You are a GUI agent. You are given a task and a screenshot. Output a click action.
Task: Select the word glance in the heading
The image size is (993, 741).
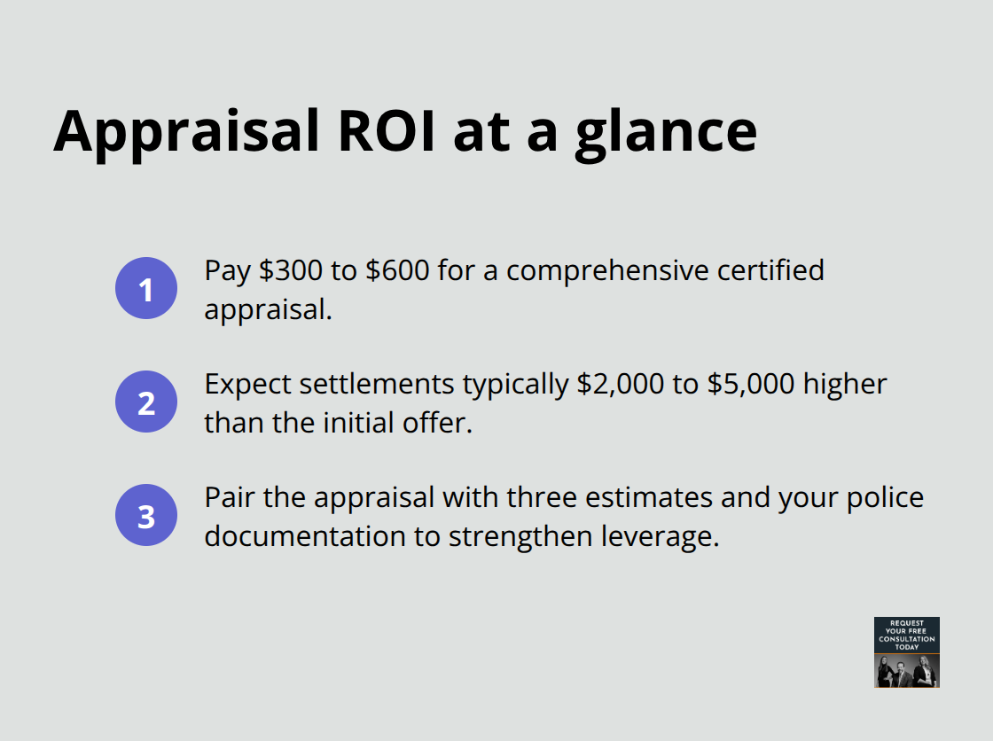coord(666,132)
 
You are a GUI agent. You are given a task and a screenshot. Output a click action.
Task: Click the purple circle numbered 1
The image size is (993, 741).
coord(146,288)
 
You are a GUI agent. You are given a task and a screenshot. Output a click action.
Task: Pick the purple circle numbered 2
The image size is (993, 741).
coord(146,402)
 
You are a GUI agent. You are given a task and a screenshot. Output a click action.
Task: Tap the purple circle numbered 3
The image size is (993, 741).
coord(146,515)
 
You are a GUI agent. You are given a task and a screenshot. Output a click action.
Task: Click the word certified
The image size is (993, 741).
coord(770,270)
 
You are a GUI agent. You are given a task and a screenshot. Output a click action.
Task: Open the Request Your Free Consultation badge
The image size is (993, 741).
coord(906,652)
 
